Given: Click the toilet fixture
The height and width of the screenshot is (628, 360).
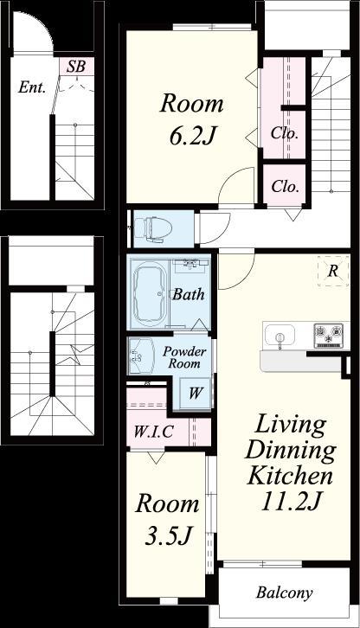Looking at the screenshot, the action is pyautogui.click(x=152, y=229).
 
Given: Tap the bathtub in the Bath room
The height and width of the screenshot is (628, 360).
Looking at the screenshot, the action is pyautogui.click(x=150, y=293).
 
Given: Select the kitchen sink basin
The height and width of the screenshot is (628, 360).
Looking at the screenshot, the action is pyautogui.click(x=280, y=334).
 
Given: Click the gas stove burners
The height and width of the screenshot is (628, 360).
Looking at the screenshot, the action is pyautogui.click(x=329, y=336).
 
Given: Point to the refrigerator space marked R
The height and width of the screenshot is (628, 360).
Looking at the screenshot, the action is pyautogui.click(x=333, y=271).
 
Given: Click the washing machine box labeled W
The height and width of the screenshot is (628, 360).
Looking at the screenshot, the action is pyautogui.click(x=195, y=393).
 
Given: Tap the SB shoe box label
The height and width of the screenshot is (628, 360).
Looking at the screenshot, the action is pyautogui.click(x=76, y=67).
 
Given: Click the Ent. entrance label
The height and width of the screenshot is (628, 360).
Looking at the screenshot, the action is pyautogui.click(x=32, y=87).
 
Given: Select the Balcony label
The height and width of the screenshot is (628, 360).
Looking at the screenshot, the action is pyautogui.click(x=285, y=593).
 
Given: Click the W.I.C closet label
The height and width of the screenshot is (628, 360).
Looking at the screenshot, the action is pyautogui.click(x=153, y=432).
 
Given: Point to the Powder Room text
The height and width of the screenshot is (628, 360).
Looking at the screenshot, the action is pyautogui.click(x=184, y=357).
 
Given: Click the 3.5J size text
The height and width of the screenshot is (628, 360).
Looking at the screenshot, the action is pyautogui.click(x=168, y=535).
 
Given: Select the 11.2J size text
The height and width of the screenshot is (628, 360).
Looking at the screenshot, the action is pyautogui.click(x=292, y=501).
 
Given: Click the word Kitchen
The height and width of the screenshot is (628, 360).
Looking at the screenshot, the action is pyautogui.click(x=290, y=476).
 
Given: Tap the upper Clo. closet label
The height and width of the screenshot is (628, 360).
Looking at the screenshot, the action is pyautogui.click(x=285, y=132).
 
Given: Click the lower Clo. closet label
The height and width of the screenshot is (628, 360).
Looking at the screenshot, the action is pyautogui.click(x=285, y=186).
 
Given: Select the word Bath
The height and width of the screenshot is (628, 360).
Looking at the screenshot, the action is pyautogui.click(x=188, y=295).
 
